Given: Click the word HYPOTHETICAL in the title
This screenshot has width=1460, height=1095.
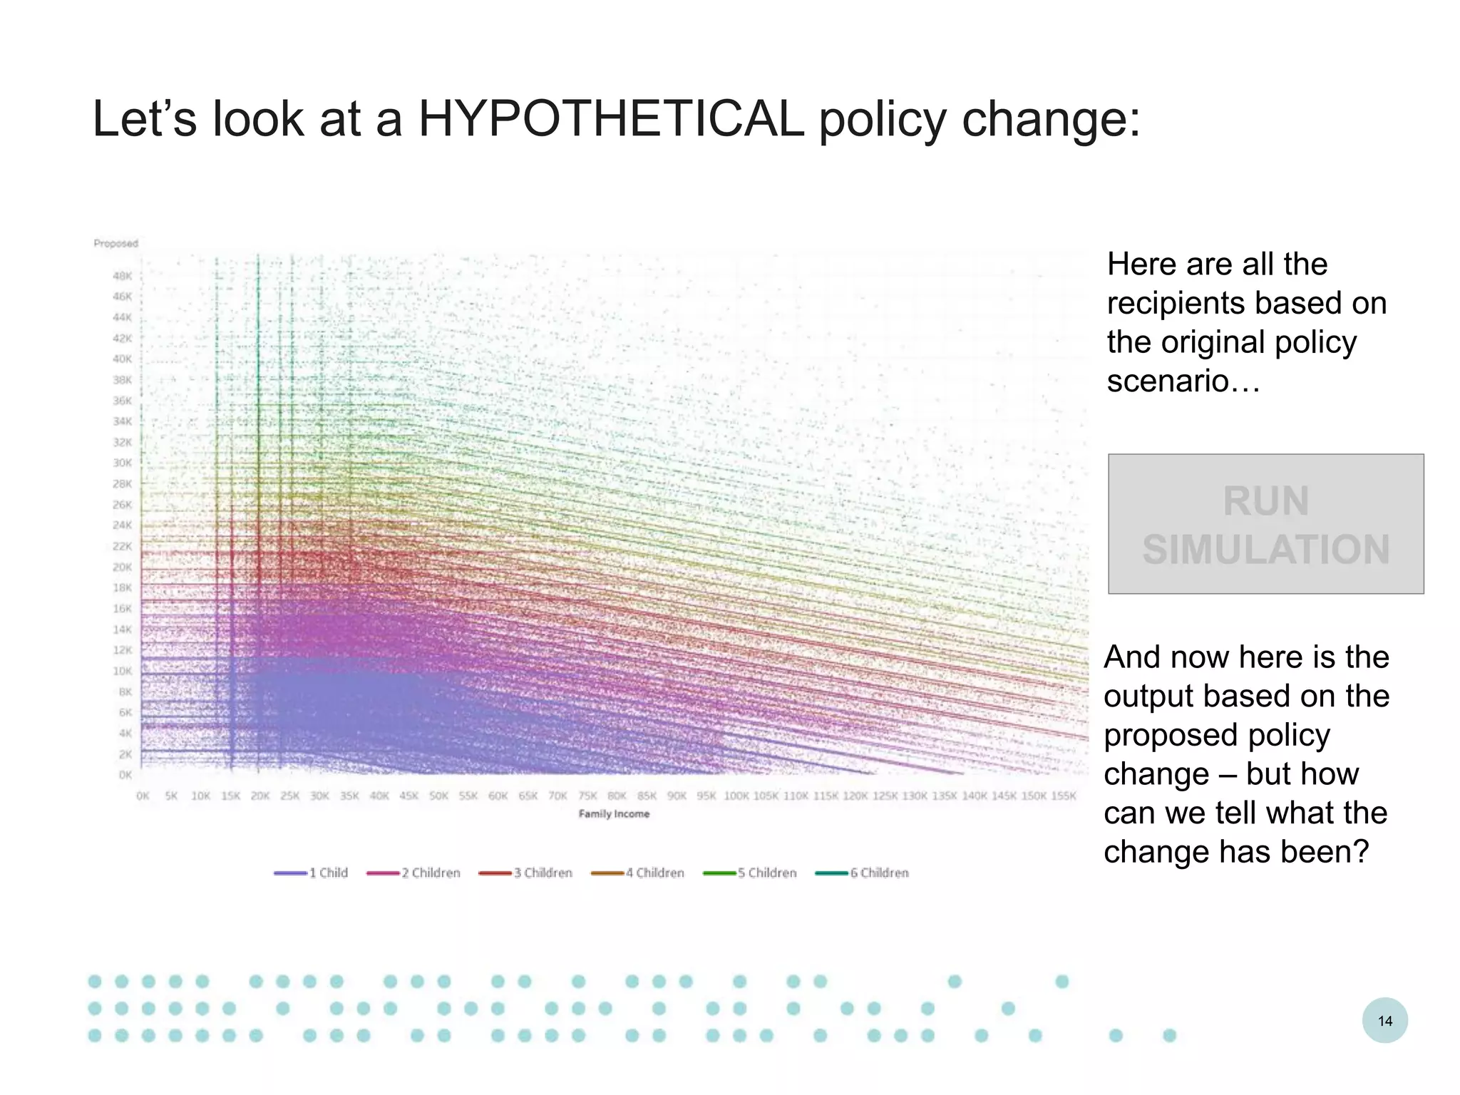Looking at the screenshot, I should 611,118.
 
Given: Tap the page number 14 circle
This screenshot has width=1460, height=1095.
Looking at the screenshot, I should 1384,1020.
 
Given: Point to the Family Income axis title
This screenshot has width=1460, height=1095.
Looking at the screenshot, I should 614,813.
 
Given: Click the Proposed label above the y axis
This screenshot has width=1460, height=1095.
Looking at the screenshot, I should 115,243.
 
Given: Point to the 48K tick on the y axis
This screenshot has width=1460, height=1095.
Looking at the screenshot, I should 122,276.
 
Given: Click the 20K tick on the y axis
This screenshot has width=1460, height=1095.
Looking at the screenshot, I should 122,567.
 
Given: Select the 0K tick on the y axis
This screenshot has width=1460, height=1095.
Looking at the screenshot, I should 125,775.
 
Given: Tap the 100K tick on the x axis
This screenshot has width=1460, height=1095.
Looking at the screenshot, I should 736,796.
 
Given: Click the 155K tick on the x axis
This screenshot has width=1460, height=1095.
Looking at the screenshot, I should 1063,796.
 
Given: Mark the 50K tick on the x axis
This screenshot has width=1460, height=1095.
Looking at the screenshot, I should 438,796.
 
